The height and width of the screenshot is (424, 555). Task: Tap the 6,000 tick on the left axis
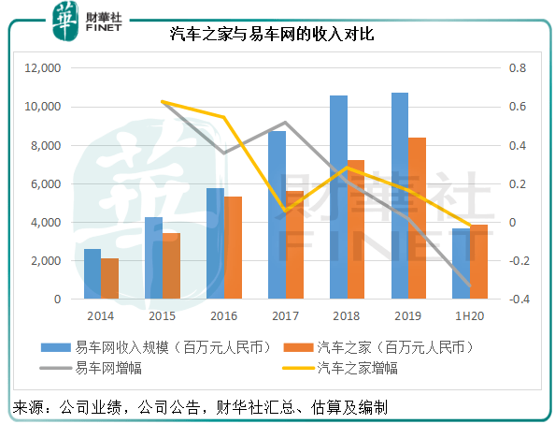pyautogui.click(x=45, y=184)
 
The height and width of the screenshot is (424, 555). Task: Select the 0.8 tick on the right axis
pyautogui.click(x=516, y=68)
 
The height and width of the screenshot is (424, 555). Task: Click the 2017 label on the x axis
pyautogui.click(x=285, y=317)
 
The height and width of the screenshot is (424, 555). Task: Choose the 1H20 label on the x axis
pyautogui.click(x=470, y=317)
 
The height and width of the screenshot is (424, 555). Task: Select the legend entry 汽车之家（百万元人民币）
pyautogui.click(x=387, y=347)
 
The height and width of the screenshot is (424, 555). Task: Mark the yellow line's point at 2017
pyautogui.click(x=284, y=211)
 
